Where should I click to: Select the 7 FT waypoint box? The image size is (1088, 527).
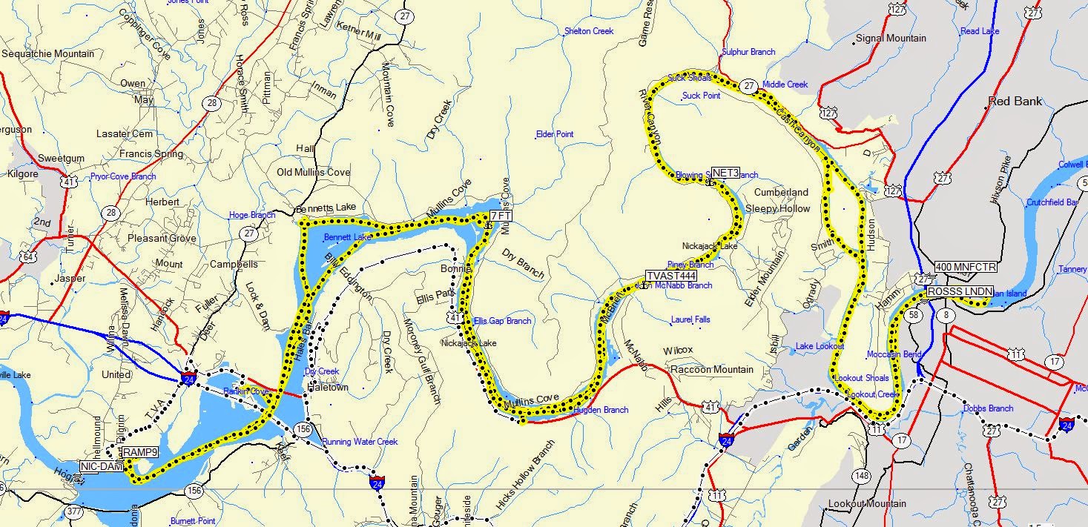click(x=501, y=216)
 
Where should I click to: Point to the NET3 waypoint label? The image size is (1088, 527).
click(x=725, y=173)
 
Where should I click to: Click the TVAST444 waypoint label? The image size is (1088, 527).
click(x=672, y=276)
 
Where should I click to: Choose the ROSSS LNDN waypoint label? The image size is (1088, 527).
click(x=959, y=292)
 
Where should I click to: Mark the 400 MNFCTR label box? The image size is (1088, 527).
click(x=966, y=267)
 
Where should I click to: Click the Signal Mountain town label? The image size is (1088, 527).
click(x=891, y=39)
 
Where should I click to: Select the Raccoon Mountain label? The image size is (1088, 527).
click(x=711, y=370)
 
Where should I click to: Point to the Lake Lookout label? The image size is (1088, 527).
click(x=820, y=346)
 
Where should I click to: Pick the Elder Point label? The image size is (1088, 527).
click(x=554, y=134)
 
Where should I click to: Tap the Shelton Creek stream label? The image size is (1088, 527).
click(x=589, y=31)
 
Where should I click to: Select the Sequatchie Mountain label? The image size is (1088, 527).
click(x=48, y=54)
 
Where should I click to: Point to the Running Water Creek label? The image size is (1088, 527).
click(x=360, y=442)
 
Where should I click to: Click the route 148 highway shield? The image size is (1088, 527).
click(x=861, y=475)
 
